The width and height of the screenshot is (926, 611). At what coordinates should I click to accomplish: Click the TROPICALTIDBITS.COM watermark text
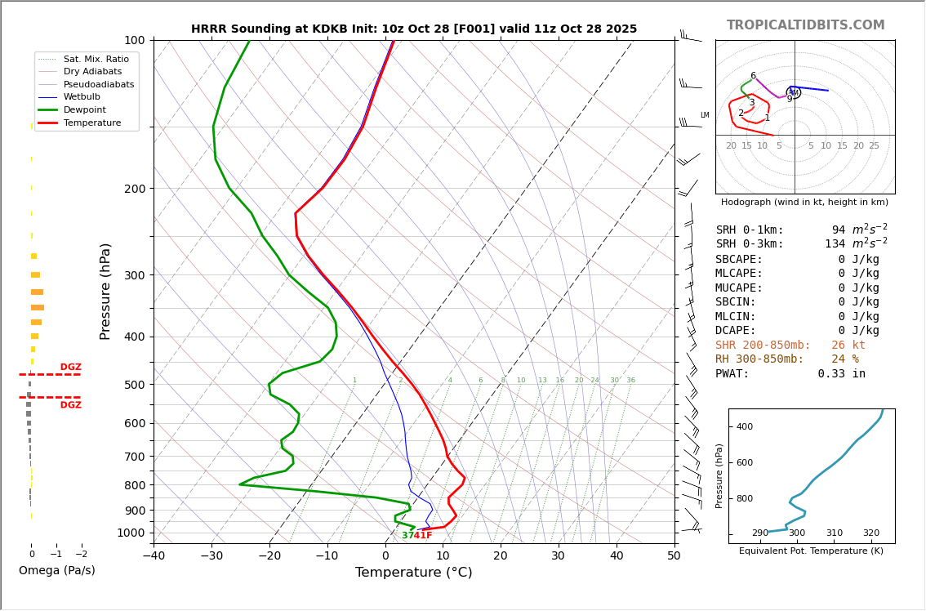pos(805,25)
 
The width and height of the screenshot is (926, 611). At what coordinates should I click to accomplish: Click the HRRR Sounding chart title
pos(414,29)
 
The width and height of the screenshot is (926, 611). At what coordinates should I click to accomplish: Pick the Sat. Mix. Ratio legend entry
pos(96,59)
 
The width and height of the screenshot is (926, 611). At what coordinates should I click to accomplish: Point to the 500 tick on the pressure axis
pos(135,385)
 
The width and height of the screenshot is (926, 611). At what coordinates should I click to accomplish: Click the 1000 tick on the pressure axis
pos(131,533)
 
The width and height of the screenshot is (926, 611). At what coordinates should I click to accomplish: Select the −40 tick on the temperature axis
pos(154,556)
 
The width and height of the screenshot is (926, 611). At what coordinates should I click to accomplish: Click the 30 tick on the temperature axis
pos(558,556)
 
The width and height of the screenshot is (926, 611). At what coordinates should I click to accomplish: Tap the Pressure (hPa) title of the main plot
pos(105,291)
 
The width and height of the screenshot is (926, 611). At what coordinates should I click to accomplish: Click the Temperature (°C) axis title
pos(413,573)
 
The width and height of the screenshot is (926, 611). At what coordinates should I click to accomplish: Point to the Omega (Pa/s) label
pos(56,570)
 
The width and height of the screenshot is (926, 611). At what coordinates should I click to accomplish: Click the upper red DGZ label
pos(70,367)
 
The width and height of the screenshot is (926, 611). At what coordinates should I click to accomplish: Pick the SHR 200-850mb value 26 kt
pos(848,345)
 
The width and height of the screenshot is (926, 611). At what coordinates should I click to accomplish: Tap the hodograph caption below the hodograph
pos(804,202)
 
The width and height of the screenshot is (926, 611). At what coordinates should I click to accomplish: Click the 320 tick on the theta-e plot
pos(871,533)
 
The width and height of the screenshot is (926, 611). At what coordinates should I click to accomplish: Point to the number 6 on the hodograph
pos(753,76)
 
